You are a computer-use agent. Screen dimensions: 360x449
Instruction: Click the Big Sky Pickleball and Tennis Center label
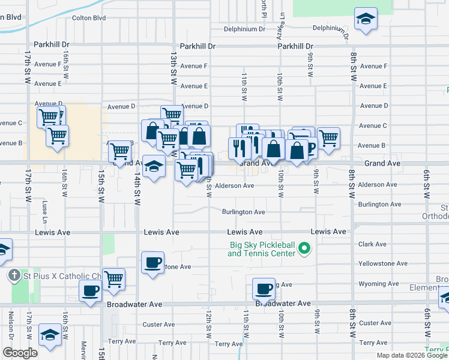coord(262,249)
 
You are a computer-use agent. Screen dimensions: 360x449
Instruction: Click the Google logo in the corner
coord(20,353)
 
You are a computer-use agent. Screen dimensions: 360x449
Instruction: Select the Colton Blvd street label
coord(88,18)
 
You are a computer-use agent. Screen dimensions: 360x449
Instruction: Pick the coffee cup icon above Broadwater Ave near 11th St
coord(264,289)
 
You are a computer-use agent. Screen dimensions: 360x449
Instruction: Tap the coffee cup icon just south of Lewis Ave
coord(153,262)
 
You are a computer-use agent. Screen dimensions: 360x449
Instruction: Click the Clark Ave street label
coord(372,244)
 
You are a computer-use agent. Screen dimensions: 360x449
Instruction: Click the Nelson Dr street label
coord(10,324)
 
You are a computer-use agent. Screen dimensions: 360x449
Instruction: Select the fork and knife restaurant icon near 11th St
coord(239,148)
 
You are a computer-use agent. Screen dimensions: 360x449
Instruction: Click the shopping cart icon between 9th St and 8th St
coord(328,138)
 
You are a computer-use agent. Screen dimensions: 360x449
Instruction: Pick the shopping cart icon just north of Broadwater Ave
coord(113,278)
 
